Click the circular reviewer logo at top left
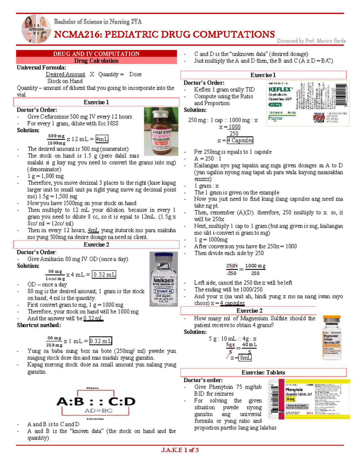click(x=36, y=29)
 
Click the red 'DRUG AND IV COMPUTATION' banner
click(x=96, y=54)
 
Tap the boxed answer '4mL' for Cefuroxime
click(x=102, y=139)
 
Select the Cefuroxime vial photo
click(x=161, y=131)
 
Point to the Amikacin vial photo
click(x=163, y=279)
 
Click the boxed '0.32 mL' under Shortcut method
click(x=101, y=341)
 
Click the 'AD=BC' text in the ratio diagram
click(x=99, y=410)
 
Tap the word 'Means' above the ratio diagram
click(x=92, y=388)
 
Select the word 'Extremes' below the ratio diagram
click(x=95, y=419)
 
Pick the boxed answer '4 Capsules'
click(x=240, y=140)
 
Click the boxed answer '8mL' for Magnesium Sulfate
click(x=245, y=358)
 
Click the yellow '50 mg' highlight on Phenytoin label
click(x=290, y=399)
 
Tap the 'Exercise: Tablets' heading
click(x=263, y=372)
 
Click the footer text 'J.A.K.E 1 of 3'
click(x=180, y=450)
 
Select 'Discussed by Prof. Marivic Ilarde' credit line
click(x=311, y=41)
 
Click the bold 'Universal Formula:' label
click(x=41, y=68)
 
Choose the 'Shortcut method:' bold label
click(x=39, y=325)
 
